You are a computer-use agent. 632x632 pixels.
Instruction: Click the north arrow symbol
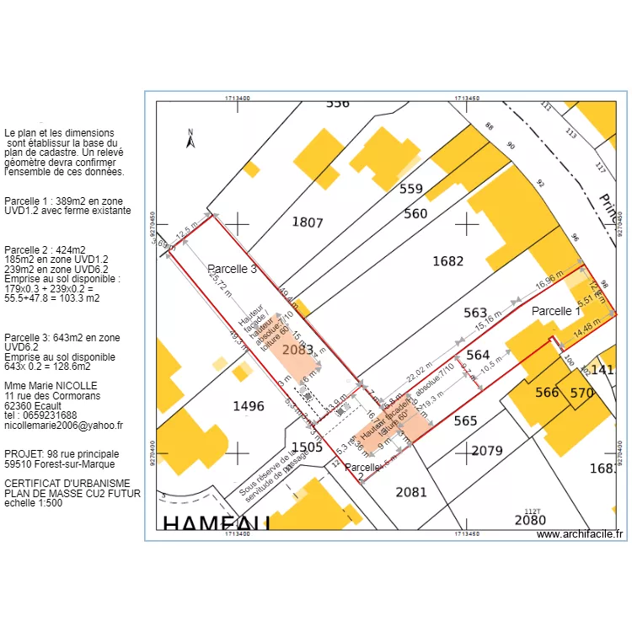pos(191,139)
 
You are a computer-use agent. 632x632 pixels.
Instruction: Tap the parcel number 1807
pos(307,222)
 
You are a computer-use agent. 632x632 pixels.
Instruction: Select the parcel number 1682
pos(447,261)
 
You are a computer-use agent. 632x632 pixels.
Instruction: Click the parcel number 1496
pos(248,406)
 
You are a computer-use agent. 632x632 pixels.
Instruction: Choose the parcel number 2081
pos(410,492)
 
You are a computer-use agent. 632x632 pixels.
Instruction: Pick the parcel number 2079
pos(486,451)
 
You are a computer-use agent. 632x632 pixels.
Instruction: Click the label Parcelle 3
pos(232,270)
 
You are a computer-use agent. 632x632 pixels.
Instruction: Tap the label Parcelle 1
pos(556,311)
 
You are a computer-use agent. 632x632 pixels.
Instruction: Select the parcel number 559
pos(410,189)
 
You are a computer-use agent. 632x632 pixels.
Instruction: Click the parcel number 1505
pos(307,447)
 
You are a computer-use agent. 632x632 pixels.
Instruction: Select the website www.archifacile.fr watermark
pos(579,534)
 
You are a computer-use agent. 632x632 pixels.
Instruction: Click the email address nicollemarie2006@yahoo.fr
pos(63,426)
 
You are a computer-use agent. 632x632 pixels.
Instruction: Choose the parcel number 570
pos(581,393)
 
